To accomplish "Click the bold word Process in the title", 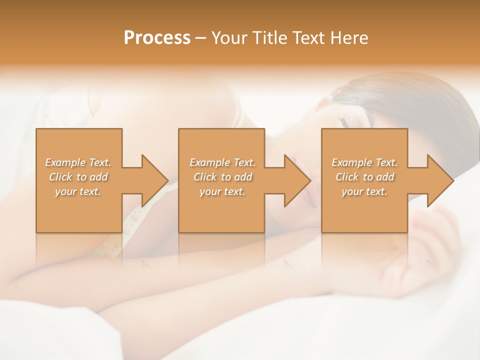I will coord(157,38).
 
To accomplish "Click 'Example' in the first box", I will coord(65,162).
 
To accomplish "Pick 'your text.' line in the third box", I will coord(364,191).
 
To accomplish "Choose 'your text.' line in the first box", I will coord(78,191).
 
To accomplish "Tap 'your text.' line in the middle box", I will coord(222,191).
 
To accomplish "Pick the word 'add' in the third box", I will coord(385,177).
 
